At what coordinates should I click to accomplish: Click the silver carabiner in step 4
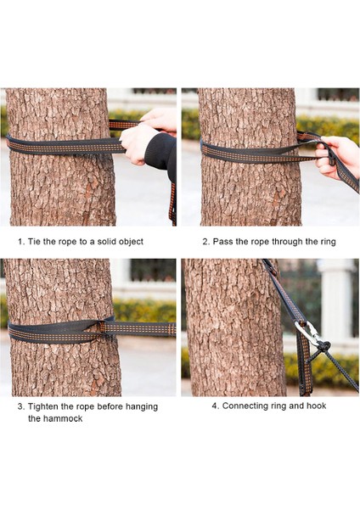tap(307, 333)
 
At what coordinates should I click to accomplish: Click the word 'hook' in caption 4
tap(317, 406)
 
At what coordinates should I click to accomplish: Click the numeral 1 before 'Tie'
tap(20, 242)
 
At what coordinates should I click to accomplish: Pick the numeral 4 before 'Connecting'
tap(215, 406)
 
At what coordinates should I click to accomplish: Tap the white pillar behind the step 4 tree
tap(336, 301)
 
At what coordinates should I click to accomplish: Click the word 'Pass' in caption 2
tap(222, 242)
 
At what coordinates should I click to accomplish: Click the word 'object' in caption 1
tap(131, 242)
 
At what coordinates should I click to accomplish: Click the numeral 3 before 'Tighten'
tap(20, 406)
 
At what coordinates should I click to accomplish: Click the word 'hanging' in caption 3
tap(142, 407)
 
